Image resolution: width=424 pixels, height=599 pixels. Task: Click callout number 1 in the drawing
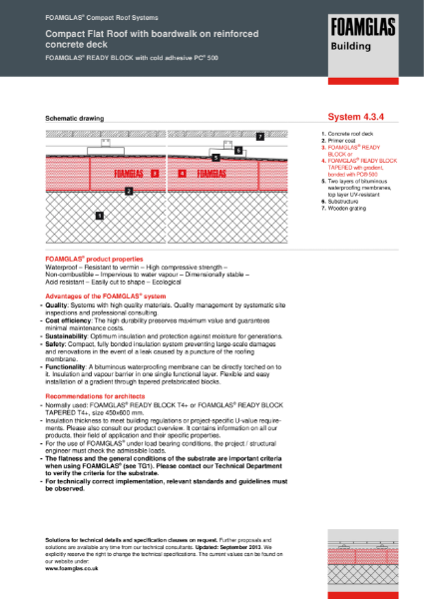[99, 215]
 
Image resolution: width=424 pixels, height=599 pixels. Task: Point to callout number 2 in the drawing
[128, 190]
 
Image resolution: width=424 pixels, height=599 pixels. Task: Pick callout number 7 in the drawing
[259, 135]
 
